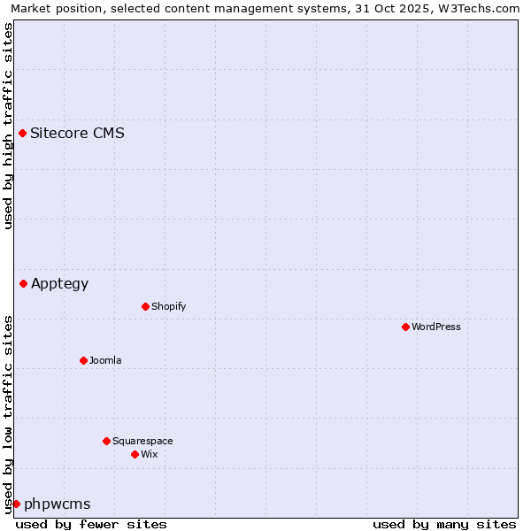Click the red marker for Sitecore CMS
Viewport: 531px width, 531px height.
(x=23, y=134)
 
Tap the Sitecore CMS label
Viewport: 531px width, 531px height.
(x=77, y=134)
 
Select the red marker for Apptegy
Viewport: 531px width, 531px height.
(x=24, y=284)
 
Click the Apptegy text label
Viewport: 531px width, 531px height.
(x=59, y=284)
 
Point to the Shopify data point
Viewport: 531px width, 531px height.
(x=145, y=307)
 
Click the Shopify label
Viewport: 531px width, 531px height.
(x=168, y=307)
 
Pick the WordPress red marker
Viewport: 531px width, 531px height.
(x=405, y=327)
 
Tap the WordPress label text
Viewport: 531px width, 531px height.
(x=435, y=327)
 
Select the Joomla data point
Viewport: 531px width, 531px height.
(x=83, y=361)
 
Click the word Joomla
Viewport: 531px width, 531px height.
(x=105, y=361)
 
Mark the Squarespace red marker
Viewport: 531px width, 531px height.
(x=106, y=442)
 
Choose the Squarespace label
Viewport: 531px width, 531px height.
(x=142, y=442)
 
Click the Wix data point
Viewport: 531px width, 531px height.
(x=135, y=455)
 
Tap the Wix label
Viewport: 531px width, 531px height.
(x=149, y=455)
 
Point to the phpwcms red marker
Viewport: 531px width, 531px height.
(x=16, y=504)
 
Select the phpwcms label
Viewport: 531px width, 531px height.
(x=57, y=504)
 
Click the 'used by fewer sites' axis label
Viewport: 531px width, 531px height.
(x=91, y=524)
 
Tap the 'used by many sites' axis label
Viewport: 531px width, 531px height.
(x=444, y=524)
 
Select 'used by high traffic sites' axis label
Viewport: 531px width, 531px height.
(x=8, y=126)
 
